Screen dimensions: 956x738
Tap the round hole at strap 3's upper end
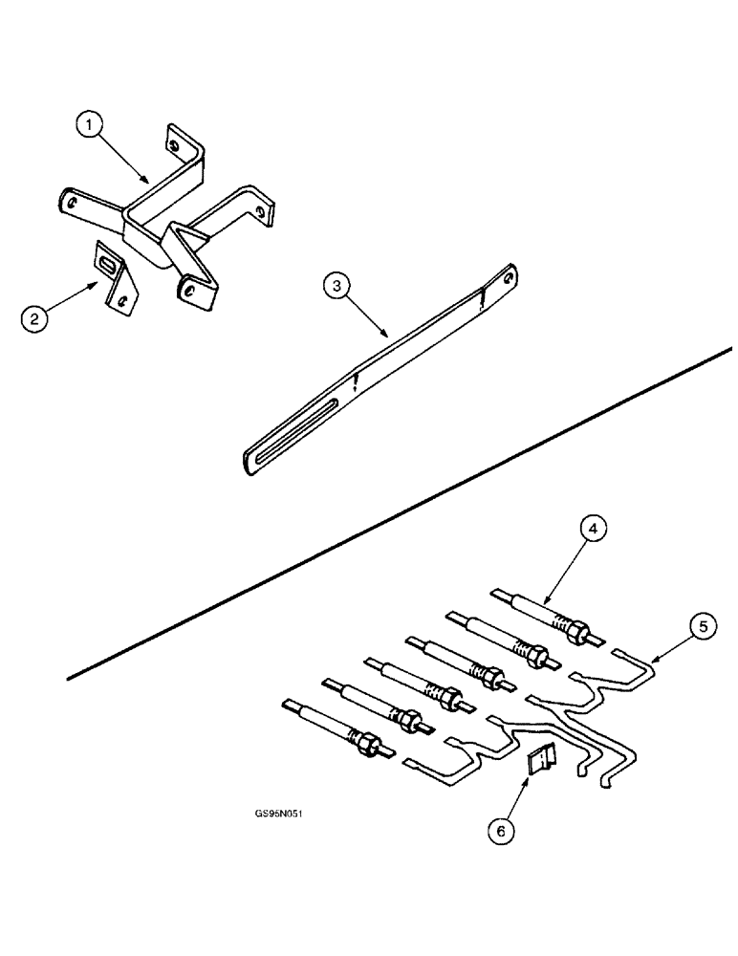coord(507,280)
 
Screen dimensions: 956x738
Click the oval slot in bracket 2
coord(111,263)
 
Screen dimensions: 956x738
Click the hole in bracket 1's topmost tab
coord(174,146)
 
